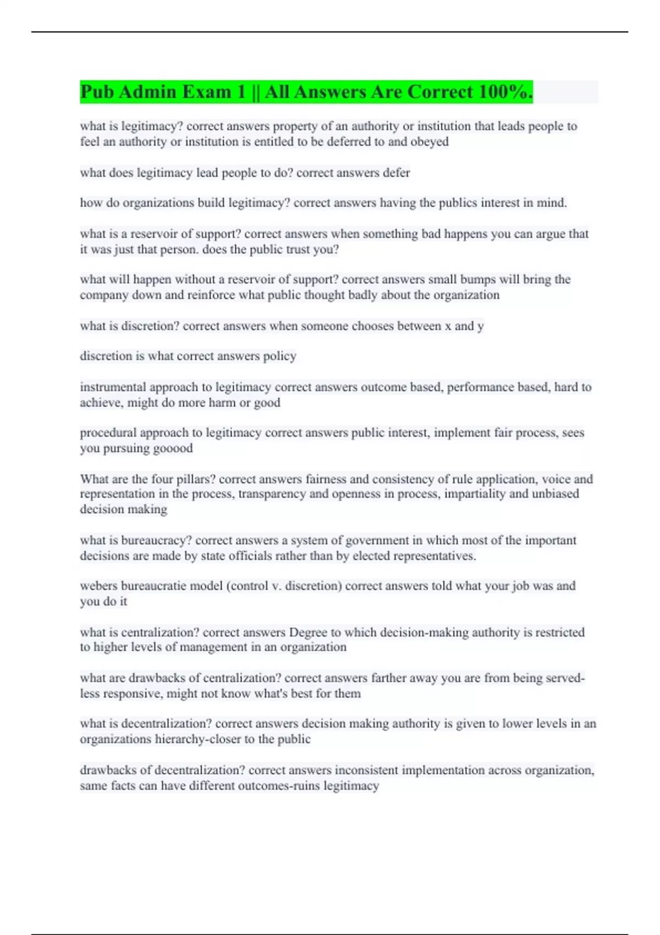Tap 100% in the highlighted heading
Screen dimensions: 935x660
pyautogui.click(x=505, y=92)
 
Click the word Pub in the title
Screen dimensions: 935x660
pyautogui.click(x=97, y=92)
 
